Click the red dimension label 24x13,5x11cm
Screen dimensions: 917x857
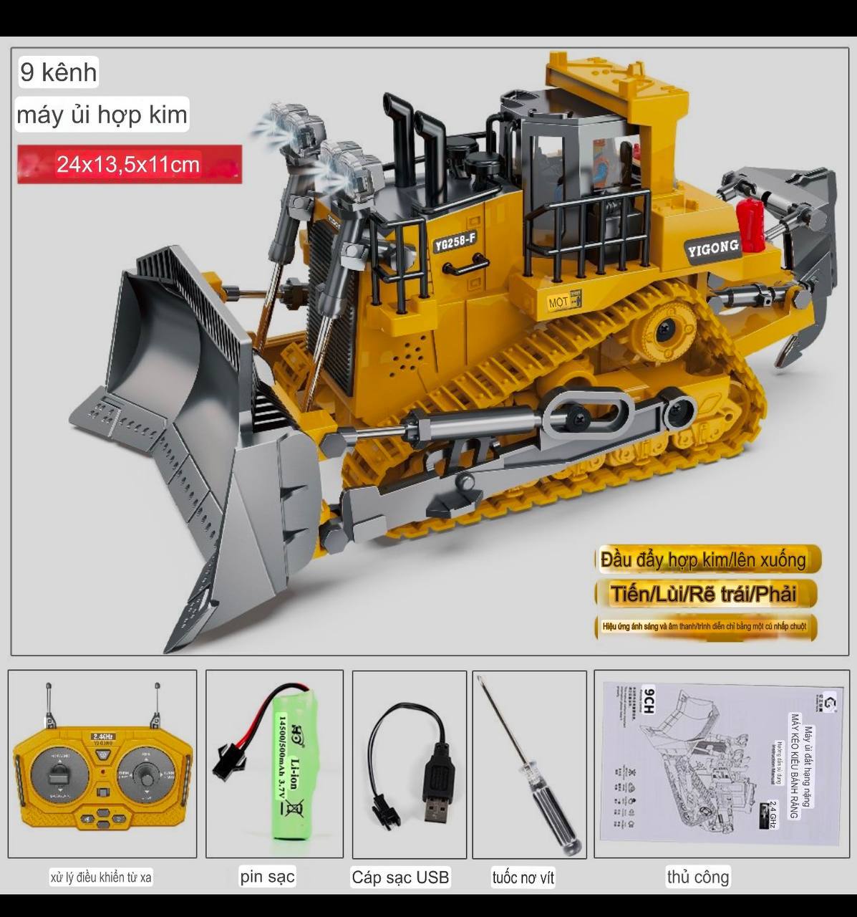129,164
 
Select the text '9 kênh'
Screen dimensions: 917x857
58,72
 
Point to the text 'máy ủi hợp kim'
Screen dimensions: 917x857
102,115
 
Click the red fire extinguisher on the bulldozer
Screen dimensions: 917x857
751,225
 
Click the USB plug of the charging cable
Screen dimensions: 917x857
437,788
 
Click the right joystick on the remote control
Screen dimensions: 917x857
147,777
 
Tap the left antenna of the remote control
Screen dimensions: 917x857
49,706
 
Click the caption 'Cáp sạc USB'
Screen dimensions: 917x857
400,878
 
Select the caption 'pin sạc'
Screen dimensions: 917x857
267,876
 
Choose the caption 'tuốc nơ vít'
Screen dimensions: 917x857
523,878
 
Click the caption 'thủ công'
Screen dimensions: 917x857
697,877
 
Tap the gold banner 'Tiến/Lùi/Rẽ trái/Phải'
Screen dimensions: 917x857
704,594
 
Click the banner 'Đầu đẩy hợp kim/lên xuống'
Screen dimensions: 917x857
704,560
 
